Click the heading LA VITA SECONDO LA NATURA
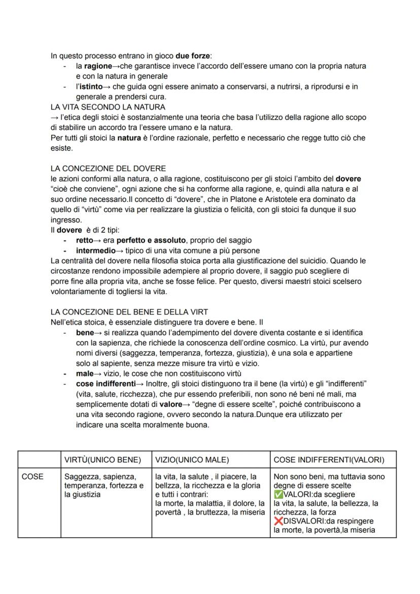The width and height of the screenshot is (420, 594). click(x=108, y=107)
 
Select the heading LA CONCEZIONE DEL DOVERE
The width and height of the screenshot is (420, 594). click(x=108, y=168)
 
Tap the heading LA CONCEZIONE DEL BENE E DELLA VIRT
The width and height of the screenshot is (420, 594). click(x=129, y=311)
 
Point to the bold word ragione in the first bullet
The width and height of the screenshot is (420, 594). click(x=98, y=66)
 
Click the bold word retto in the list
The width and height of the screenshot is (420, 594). click(x=84, y=240)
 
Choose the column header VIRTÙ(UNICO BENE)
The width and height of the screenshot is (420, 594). click(x=102, y=460)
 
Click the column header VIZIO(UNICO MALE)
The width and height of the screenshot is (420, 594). click(x=192, y=460)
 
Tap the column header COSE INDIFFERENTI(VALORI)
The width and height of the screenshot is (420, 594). click(x=329, y=460)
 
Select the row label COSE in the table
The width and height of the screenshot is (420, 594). click(x=32, y=477)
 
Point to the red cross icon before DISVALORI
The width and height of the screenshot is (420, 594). click(x=277, y=521)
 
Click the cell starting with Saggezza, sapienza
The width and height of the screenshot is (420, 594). click(x=104, y=485)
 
